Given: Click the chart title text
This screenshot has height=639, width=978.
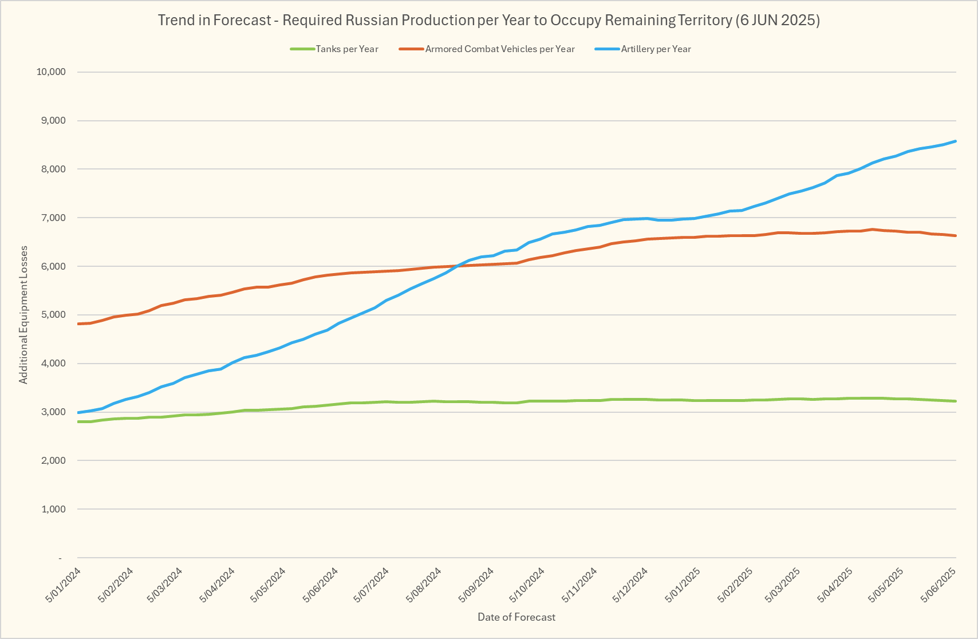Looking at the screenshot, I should (x=488, y=21).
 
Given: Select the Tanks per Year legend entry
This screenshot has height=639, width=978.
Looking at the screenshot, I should (x=346, y=49).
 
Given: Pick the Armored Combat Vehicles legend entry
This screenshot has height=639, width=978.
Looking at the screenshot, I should (x=499, y=49).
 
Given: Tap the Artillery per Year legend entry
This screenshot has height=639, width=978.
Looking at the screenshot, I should (x=656, y=49).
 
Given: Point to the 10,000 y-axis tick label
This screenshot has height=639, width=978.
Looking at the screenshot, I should (x=51, y=72).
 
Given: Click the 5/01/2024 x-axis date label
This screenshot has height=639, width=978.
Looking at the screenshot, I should (x=64, y=585).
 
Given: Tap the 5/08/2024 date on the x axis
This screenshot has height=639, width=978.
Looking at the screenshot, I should (x=424, y=585).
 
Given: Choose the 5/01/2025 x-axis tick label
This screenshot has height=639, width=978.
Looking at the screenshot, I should (x=683, y=585).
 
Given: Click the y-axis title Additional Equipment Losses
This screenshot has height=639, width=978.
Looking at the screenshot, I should (x=23, y=315).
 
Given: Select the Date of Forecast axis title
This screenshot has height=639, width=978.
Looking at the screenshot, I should (x=516, y=617).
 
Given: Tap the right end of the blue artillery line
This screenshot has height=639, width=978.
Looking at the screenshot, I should (x=956, y=141).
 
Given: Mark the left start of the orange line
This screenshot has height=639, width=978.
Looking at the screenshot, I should (x=78, y=324).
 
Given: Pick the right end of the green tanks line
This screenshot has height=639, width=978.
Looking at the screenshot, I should (x=956, y=401).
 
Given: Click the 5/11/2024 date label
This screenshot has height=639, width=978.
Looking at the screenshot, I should (x=580, y=585).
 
